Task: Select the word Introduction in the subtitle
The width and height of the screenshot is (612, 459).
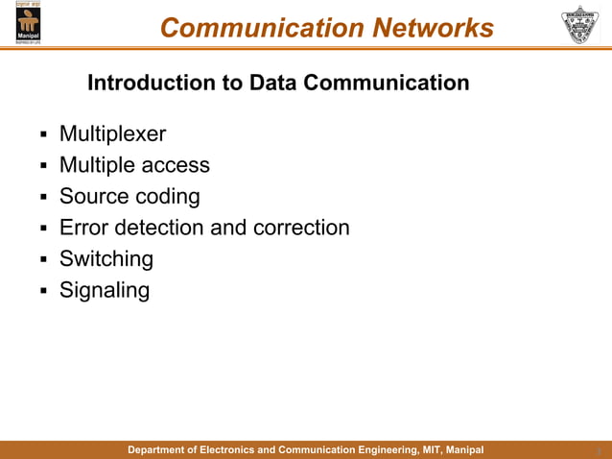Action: tap(145, 83)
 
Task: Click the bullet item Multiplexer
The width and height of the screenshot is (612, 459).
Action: tap(112, 134)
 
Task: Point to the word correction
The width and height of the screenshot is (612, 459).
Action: tap(301, 228)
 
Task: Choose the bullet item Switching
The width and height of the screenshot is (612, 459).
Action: tap(106, 259)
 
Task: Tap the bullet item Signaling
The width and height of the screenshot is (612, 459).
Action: tap(105, 290)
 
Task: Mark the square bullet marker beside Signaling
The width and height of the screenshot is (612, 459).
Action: tap(42, 290)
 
